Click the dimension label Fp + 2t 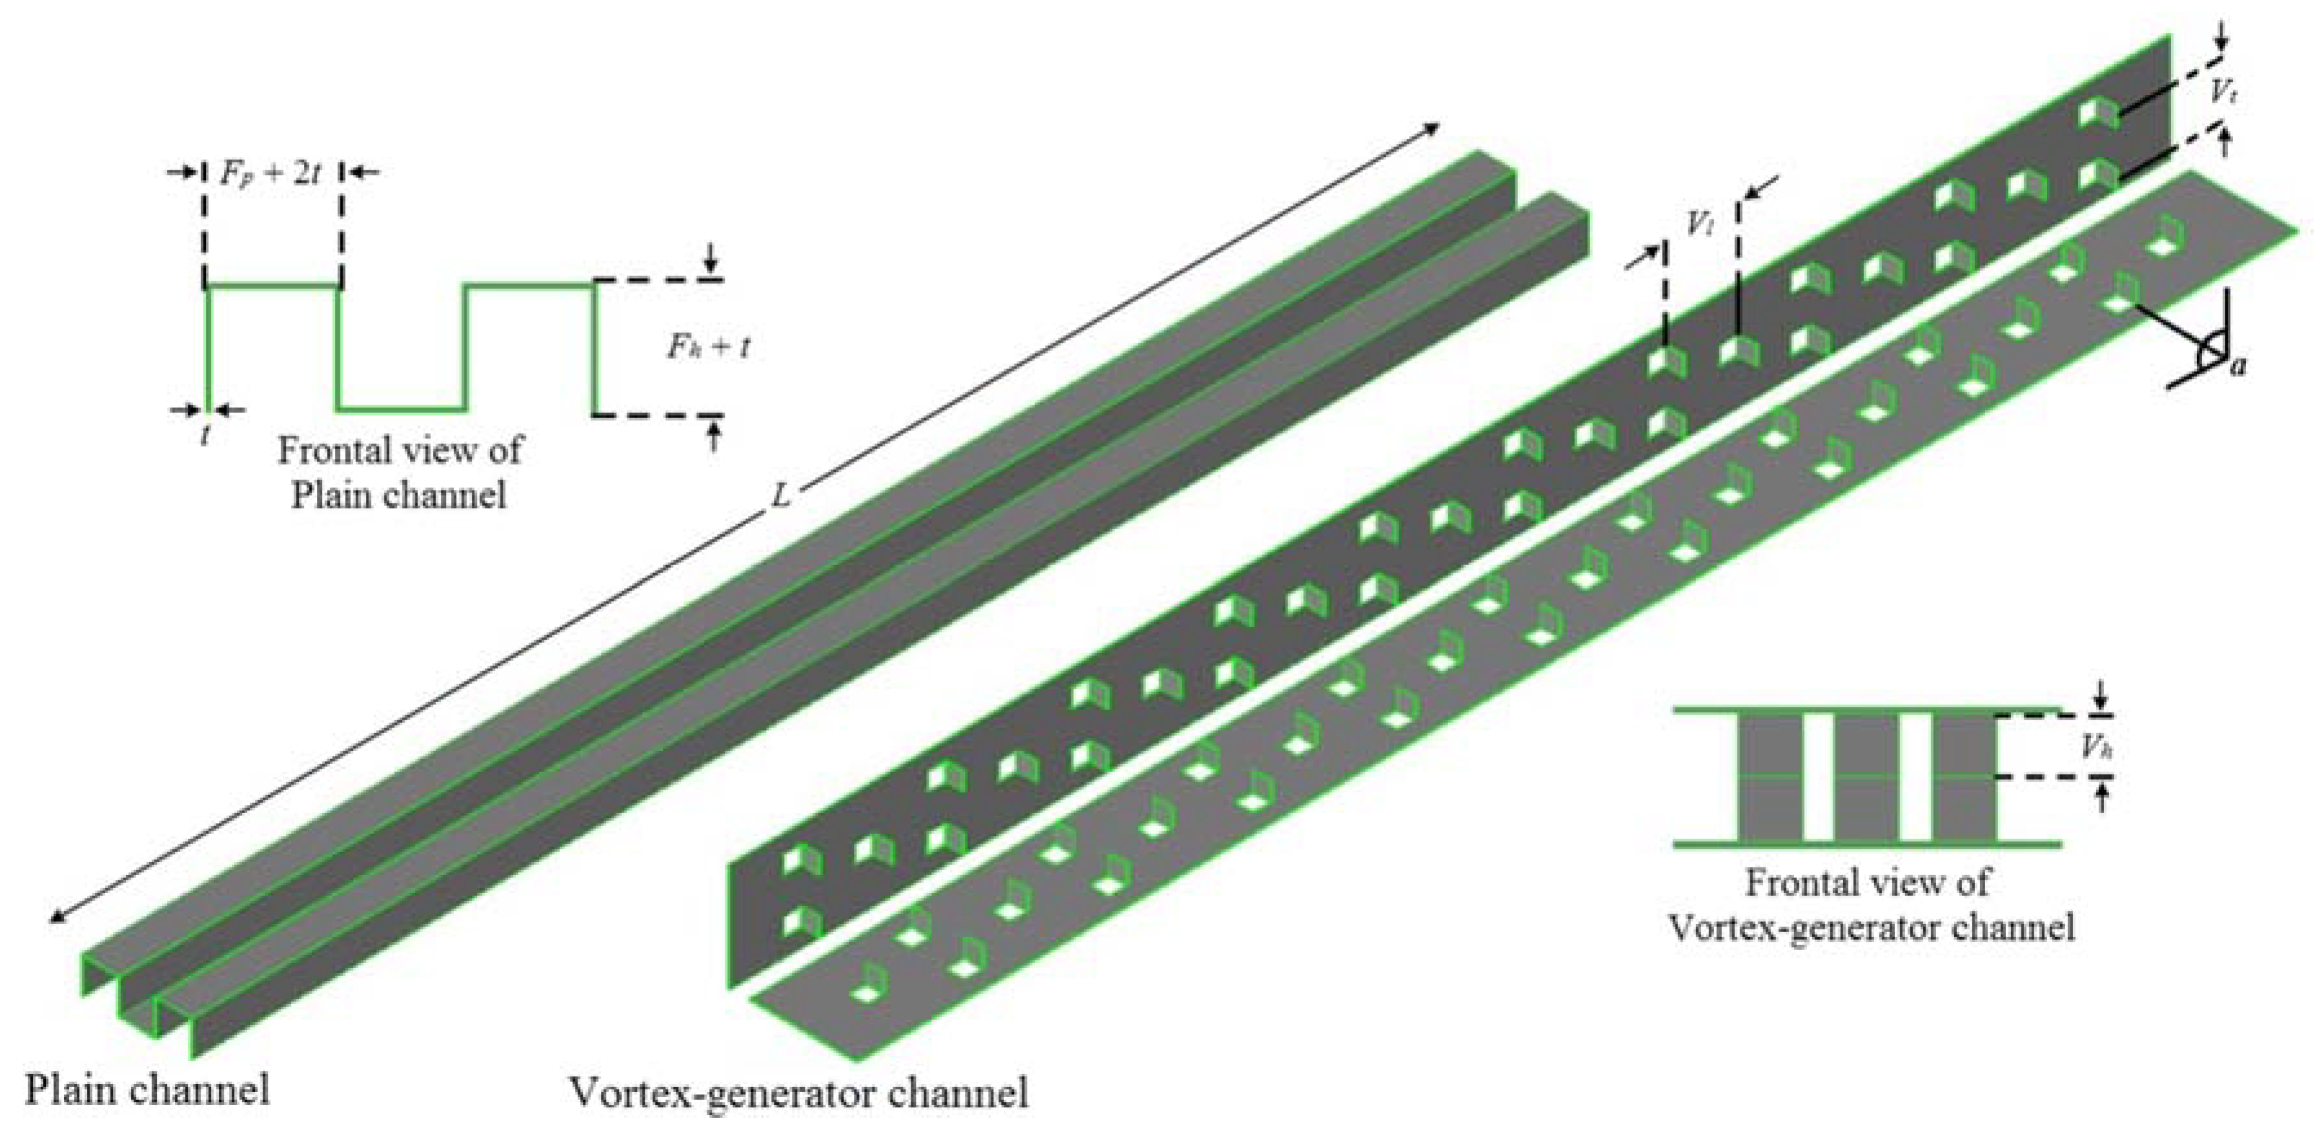[270, 172]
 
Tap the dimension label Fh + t [708, 347]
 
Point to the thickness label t [207, 434]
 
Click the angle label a [2238, 365]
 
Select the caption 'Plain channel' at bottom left [147, 1089]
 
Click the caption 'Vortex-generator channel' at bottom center [798, 1093]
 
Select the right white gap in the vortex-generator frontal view [1915, 776]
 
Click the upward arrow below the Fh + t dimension [714, 438]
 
